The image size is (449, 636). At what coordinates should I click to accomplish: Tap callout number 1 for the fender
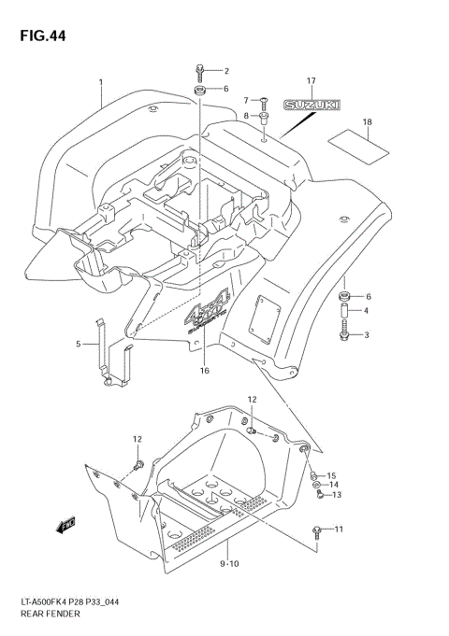100,82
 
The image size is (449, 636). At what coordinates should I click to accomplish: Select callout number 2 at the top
225,70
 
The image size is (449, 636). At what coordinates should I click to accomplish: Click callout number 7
247,100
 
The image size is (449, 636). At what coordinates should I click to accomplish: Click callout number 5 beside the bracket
79,344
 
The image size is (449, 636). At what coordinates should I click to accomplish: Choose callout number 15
331,475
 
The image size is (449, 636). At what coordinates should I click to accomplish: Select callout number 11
339,530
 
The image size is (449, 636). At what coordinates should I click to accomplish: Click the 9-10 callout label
231,564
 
